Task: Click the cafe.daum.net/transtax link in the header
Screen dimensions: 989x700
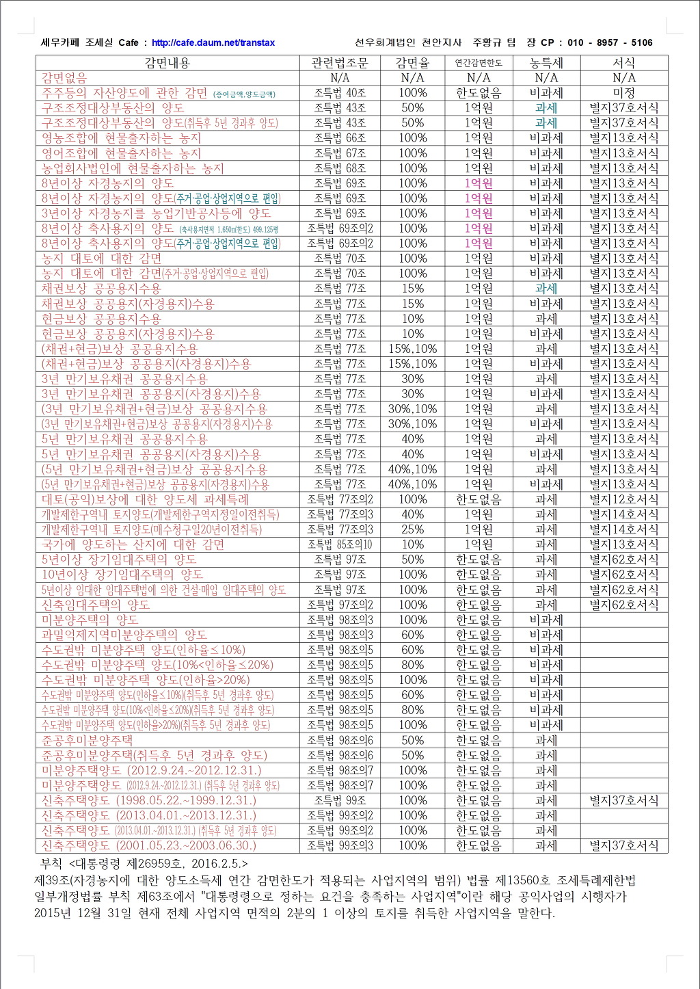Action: coord(213,42)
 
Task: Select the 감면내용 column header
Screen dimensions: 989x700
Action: coord(167,63)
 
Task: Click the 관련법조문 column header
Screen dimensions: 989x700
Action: coord(340,63)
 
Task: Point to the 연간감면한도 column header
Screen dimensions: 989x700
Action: coord(479,63)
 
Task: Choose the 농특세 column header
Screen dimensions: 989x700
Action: coord(546,63)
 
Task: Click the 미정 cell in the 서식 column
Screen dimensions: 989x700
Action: coord(623,93)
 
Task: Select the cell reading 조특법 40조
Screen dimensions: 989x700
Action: coord(340,93)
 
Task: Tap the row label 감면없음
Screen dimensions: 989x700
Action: coord(64,78)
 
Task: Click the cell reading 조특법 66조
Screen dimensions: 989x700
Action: coord(340,138)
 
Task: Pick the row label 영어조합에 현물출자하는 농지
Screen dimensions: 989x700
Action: coord(121,153)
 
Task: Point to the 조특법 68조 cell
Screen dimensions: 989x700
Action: coord(340,168)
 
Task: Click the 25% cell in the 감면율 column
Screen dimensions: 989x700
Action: coord(412,529)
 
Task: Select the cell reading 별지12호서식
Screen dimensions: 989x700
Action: coord(623,499)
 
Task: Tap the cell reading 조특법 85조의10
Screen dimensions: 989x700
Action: coord(340,544)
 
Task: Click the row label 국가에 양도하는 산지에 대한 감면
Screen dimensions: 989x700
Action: coord(133,544)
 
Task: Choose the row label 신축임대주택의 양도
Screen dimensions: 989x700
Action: coord(95,605)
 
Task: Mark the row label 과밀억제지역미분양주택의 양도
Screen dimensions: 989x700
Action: coord(124,635)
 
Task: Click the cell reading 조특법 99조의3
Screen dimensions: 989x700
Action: coord(340,845)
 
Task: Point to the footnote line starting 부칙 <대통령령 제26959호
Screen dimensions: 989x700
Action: coord(144,863)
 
